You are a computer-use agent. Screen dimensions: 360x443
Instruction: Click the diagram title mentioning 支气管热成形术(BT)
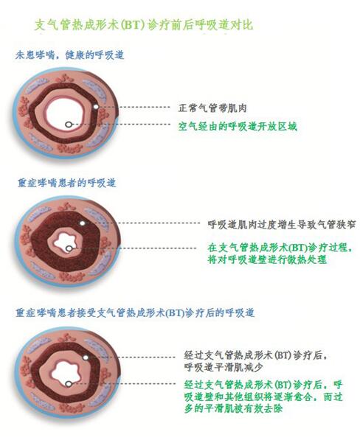coord(143,25)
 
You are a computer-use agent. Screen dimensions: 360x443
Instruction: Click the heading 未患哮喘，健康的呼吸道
coord(69,55)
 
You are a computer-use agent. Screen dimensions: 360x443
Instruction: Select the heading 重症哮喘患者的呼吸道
coord(66,183)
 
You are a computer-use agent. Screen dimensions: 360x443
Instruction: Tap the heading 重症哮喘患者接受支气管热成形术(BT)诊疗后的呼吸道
coord(135,313)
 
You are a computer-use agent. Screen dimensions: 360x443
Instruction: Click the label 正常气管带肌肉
coord(212,108)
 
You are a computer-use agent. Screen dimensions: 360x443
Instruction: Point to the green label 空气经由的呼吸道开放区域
coord(238,126)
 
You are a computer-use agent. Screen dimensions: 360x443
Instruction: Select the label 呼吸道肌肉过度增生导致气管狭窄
coord(281,225)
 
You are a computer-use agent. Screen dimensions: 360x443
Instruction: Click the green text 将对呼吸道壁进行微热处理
coord(267,259)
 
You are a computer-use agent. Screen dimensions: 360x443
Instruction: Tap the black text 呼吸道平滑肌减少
coord(224,367)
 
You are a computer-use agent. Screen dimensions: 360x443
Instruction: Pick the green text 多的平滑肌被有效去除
coord(234,408)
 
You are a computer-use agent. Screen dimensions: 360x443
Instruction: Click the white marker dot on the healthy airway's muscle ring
coord(96,107)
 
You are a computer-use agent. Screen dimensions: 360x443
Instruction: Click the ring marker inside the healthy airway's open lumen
coord(68,125)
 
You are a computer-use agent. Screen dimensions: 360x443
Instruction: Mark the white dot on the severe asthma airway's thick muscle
coord(83,223)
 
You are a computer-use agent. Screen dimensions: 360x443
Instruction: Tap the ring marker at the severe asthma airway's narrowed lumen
coord(69,248)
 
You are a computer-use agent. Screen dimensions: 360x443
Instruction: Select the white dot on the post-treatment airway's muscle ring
coord(86,357)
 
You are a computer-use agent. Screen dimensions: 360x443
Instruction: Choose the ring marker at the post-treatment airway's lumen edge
coord(68,384)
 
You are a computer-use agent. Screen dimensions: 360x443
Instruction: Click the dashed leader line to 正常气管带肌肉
coord(134,107)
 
